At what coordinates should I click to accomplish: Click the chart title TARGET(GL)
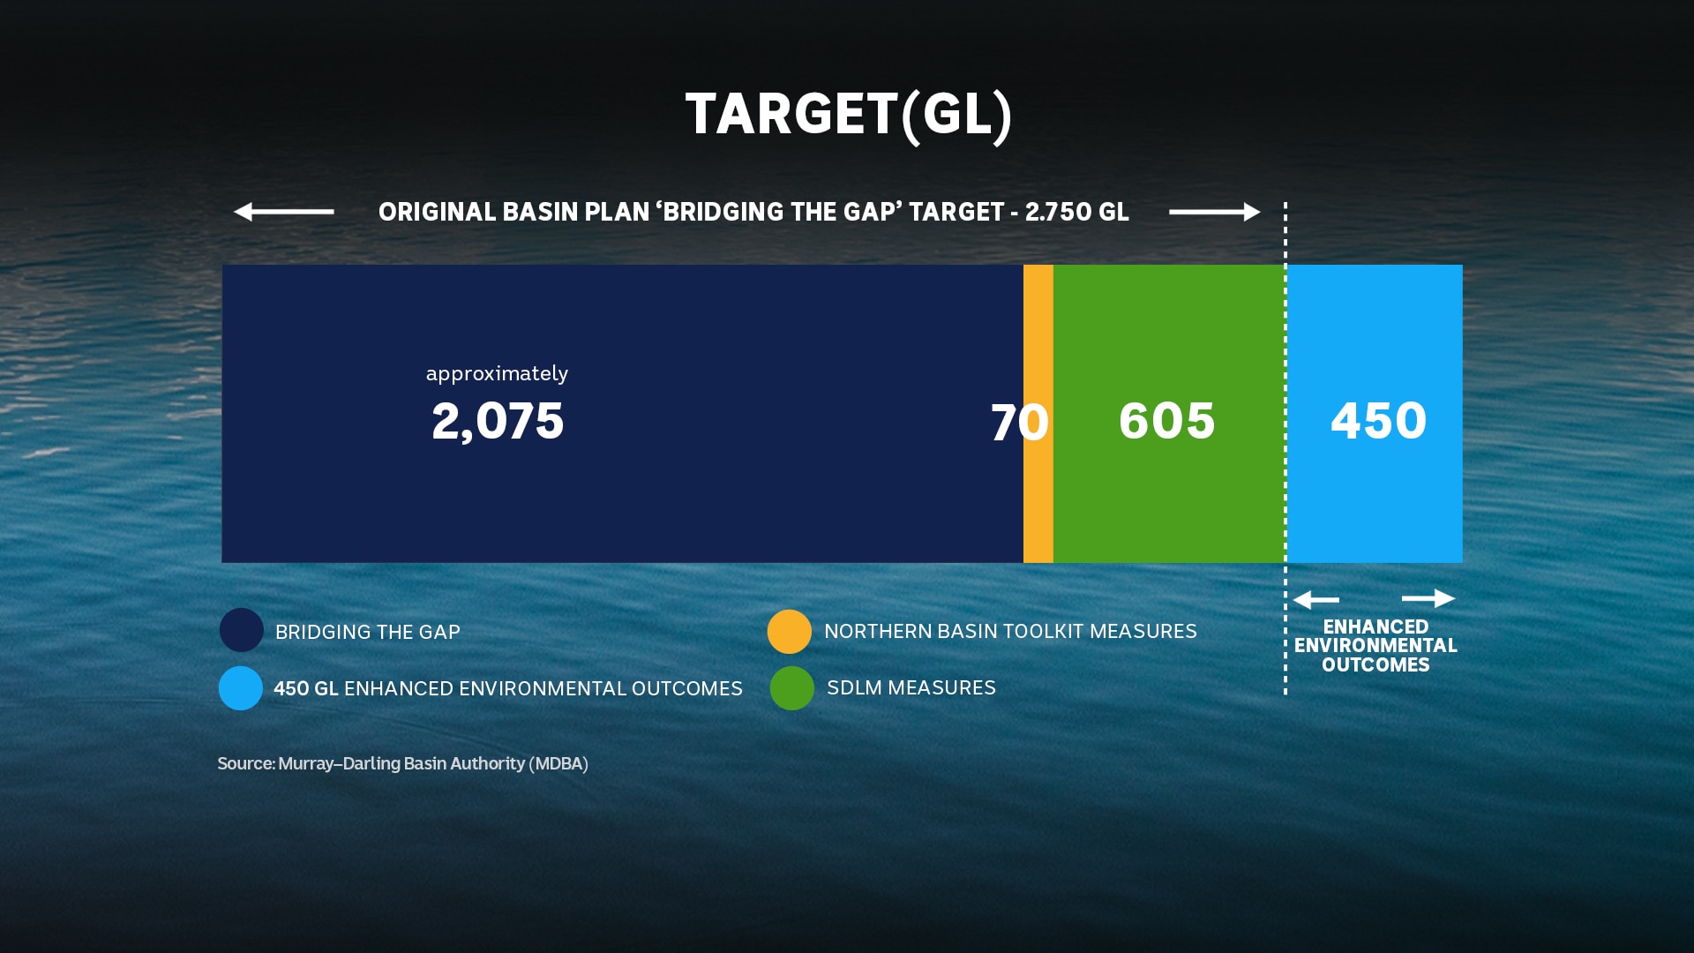coord(848,115)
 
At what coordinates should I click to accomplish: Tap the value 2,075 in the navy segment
coord(498,421)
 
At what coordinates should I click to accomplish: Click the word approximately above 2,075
coord(497,373)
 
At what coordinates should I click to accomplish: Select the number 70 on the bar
coord(1019,423)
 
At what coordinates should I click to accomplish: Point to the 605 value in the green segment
coord(1166,421)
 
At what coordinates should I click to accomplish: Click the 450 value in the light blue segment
coord(1378,421)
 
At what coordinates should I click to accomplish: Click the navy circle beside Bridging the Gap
coord(242,630)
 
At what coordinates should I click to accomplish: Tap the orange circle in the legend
coord(790,631)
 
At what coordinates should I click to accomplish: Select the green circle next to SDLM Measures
coord(792,688)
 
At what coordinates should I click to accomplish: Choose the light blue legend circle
coord(241,688)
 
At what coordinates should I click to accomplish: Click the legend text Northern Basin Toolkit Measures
coord(1010,632)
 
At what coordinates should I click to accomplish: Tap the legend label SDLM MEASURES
coord(911,688)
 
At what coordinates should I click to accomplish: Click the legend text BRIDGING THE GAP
coord(368,633)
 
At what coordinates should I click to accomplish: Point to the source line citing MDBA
coord(402,763)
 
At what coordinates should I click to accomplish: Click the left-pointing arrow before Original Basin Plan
coord(283,212)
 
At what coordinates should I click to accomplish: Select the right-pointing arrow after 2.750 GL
coord(1214,212)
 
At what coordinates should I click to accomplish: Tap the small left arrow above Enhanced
coord(1316,600)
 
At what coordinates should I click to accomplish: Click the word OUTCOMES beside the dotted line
coord(1375,665)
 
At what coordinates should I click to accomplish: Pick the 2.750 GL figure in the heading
coord(1076,213)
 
